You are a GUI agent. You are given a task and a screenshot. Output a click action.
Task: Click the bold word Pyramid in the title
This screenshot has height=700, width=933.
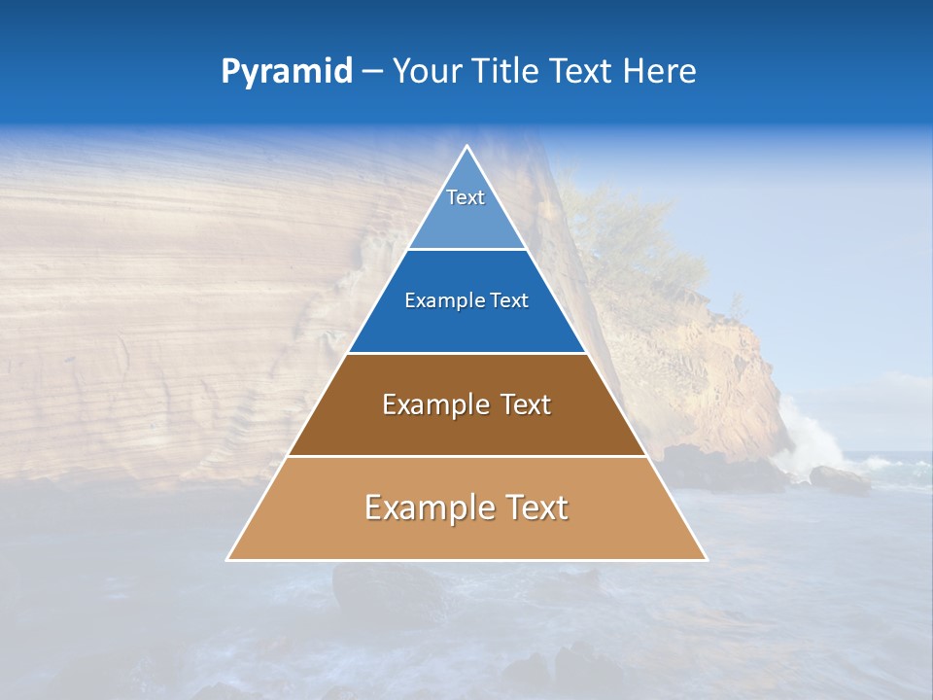tap(287, 72)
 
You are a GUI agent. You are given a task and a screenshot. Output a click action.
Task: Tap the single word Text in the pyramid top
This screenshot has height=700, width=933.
tap(466, 197)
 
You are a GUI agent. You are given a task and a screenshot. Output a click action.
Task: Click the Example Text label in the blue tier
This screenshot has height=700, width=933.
tap(466, 300)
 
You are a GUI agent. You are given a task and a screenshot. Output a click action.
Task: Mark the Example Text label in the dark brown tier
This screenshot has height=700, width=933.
tap(466, 404)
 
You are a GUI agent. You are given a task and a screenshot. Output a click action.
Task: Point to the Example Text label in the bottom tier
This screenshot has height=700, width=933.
tap(466, 507)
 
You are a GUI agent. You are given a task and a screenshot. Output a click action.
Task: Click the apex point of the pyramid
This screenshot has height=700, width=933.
tap(466, 147)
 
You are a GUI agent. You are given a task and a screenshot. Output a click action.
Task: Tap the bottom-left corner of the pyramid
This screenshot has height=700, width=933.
tap(228, 559)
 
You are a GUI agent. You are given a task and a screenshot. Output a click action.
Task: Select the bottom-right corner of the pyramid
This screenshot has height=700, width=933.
tap(706, 559)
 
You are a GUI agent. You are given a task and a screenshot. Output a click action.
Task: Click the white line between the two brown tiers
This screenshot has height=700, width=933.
tap(466, 456)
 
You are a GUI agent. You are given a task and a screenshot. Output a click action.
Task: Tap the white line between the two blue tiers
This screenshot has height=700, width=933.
tap(466, 250)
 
